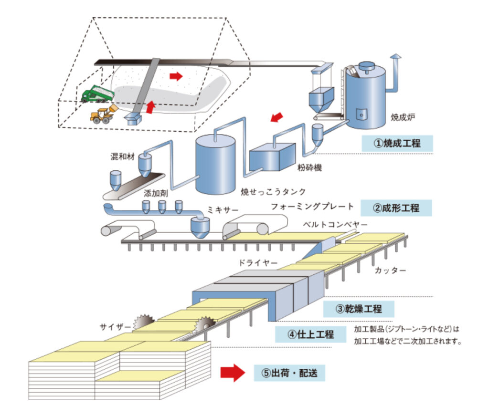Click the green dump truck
pyautogui.click(x=97, y=94)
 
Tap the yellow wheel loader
pyautogui.click(x=103, y=115)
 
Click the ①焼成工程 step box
pyautogui.click(x=396, y=144)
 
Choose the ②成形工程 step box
pyautogui.click(x=396, y=208)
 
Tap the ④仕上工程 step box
pyautogui.click(x=310, y=334)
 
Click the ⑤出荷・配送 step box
pyautogui.click(x=289, y=373)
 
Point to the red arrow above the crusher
pyautogui.click(x=277, y=116)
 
